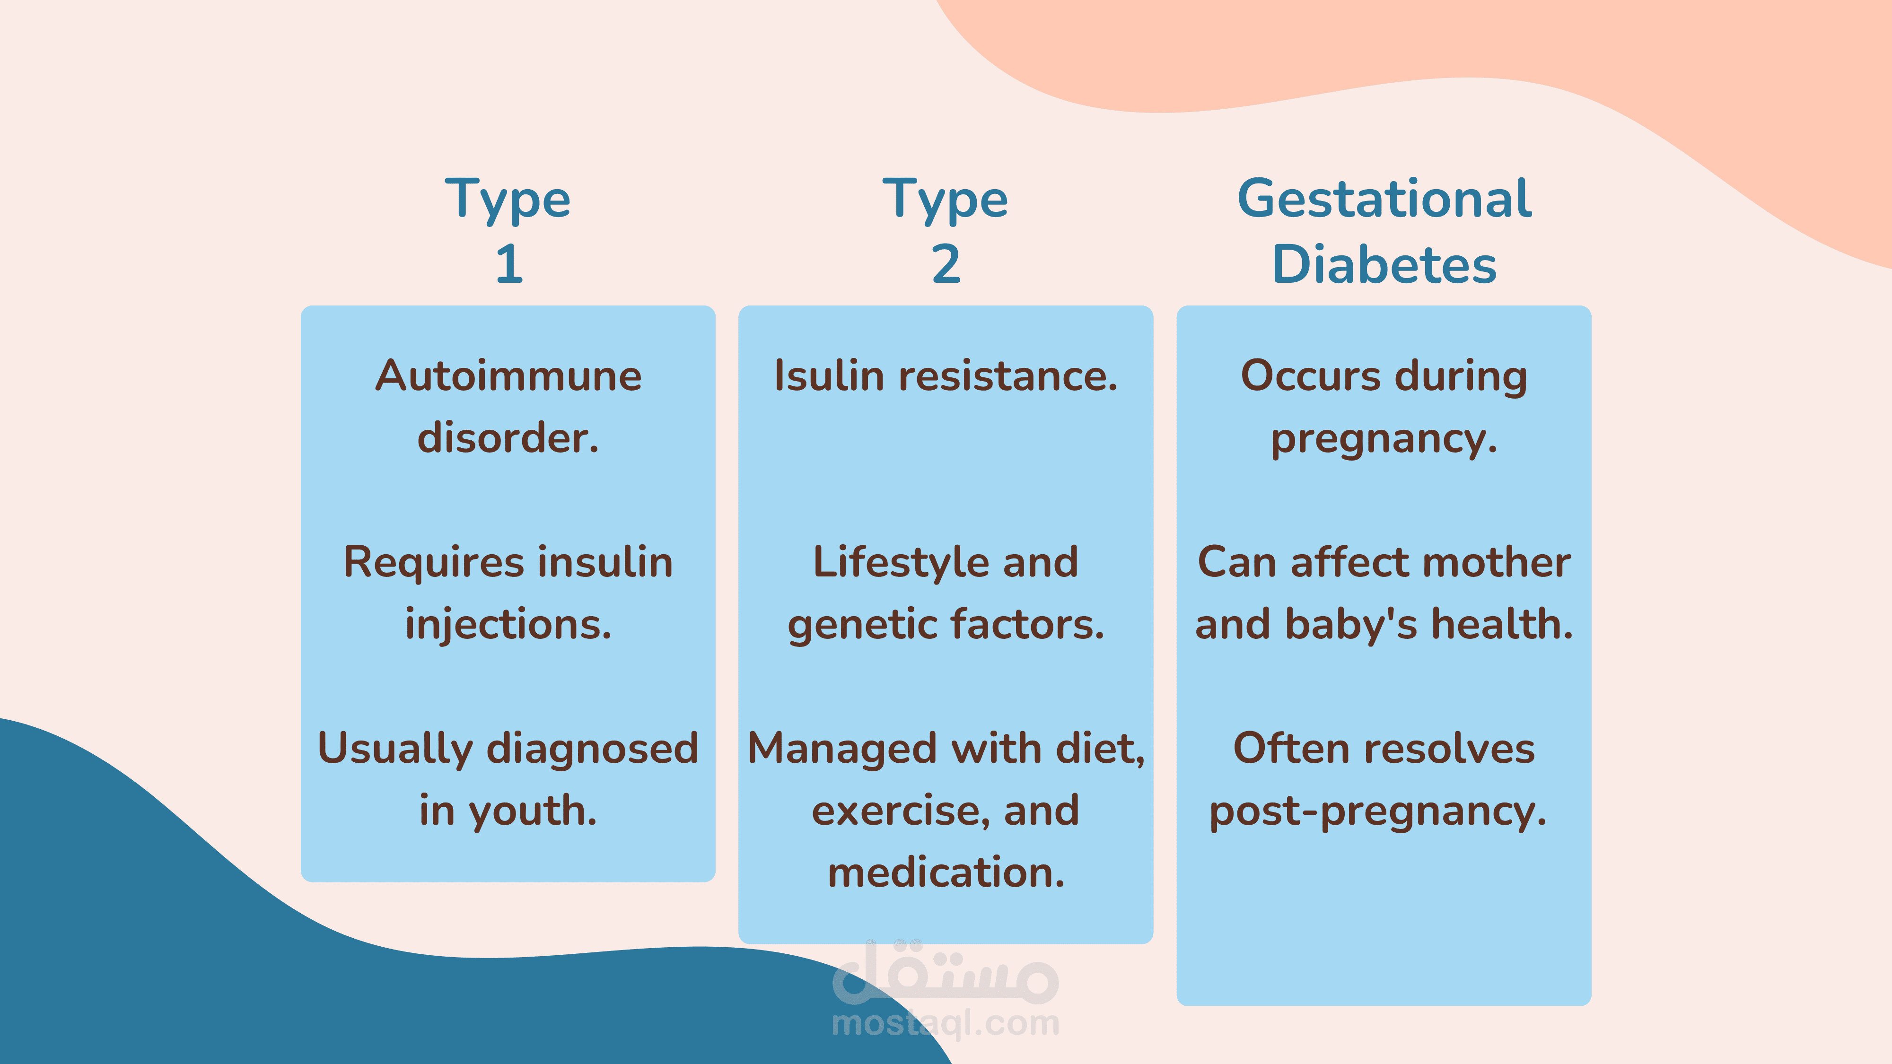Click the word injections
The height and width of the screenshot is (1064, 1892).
click(508, 625)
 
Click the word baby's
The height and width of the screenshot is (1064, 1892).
click(1351, 625)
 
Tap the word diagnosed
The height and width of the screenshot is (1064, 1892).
click(593, 749)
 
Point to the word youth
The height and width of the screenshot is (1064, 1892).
click(533, 811)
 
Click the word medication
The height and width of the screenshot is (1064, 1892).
click(946, 873)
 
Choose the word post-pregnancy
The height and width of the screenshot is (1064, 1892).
click(1378, 811)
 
